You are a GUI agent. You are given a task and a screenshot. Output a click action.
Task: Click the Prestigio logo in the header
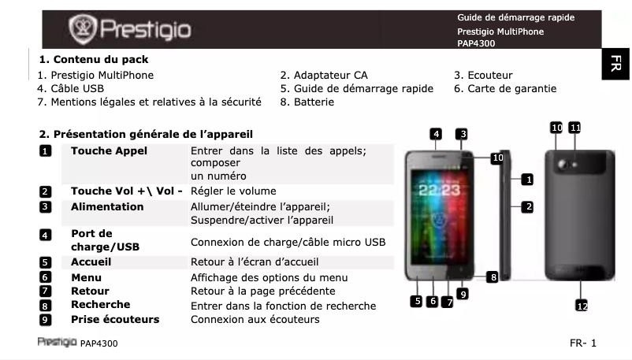pyautogui.click(x=131, y=30)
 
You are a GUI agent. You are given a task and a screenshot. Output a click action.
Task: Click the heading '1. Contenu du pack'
pyautogui.click(x=94, y=59)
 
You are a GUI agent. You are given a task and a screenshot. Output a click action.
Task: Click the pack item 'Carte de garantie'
pyautogui.click(x=504, y=89)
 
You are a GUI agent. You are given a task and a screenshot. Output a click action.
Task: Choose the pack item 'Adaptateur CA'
pyautogui.click(x=324, y=76)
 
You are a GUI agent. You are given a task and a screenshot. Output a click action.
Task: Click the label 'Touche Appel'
pyautogui.click(x=109, y=150)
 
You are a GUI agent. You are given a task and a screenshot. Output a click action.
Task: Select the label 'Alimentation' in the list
pyautogui.click(x=107, y=206)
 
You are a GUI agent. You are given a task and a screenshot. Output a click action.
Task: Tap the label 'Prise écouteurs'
pyautogui.click(x=115, y=319)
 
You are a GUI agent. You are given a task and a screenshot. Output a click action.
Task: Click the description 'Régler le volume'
pyautogui.click(x=233, y=191)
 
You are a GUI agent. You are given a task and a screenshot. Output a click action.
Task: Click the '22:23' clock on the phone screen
pyautogui.click(x=438, y=191)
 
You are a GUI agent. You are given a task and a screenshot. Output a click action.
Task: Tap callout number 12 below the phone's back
pyautogui.click(x=582, y=306)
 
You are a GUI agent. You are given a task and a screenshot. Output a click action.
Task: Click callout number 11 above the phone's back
pyautogui.click(x=575, y=127)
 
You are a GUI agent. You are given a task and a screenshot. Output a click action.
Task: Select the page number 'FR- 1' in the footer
pyautogui.click(x=583, y=343)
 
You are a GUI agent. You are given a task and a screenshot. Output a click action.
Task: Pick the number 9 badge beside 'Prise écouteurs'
pyautogui.click(x=46, y=319)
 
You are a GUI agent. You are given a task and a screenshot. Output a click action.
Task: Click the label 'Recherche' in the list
pyautogui.click(x=100, y=305)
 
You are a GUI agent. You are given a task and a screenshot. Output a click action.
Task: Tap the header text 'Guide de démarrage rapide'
pyautogui.click(x=515, y=17)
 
